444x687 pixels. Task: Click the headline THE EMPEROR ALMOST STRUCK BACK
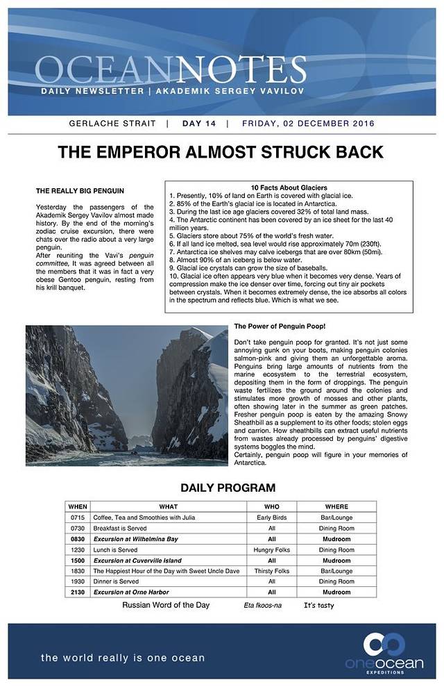[x=220, y=152]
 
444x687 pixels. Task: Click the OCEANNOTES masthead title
[x=170, y=70]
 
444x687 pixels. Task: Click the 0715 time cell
[x=78, y=517]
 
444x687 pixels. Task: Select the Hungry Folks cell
[x=272, y=549]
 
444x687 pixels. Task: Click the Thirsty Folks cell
[x=272, y=571]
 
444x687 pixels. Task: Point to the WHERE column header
[x=336, y=506]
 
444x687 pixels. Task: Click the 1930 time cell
[x=78, y=581]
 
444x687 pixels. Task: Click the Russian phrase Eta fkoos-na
[x=263, y=606]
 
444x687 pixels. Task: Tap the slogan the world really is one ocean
[x=123, y=658]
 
